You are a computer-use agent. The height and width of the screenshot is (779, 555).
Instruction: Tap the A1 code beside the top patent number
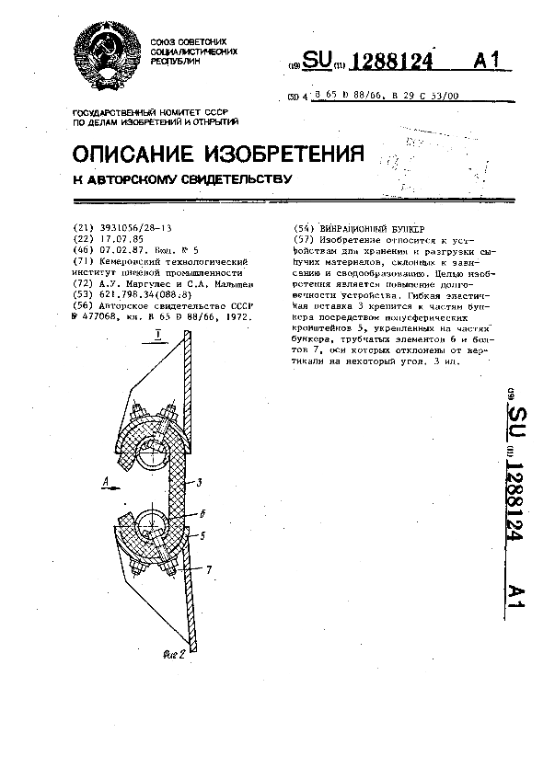489,62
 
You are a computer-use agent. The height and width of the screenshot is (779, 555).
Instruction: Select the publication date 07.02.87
118,249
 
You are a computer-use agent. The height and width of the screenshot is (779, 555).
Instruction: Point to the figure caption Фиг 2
174,655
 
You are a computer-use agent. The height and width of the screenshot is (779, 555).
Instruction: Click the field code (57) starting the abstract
301,238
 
